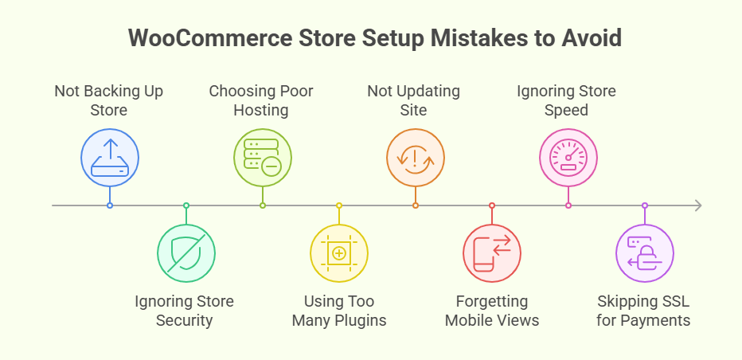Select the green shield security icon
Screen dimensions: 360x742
coord(185,254)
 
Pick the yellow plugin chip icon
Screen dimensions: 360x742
coord(338,254)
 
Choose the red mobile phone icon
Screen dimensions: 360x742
coord(491,254)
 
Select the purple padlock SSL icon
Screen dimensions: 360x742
coord(644,254)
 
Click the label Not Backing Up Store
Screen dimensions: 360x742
coord(109,100)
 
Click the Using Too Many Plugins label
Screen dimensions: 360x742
coord(338,311)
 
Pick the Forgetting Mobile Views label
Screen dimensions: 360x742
coord(491,311)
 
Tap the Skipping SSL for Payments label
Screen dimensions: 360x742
coord(644,311)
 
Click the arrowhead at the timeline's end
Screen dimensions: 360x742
coord(697,205)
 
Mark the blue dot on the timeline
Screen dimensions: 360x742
coord(109,205)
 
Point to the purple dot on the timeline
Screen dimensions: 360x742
coord(644,205)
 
